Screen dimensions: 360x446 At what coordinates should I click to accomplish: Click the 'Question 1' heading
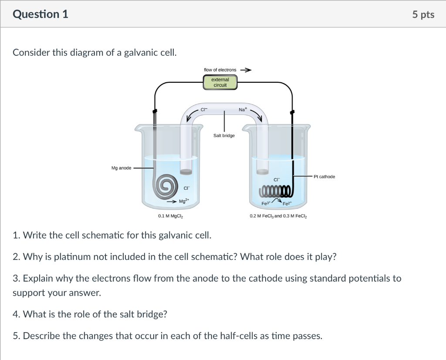click(x=41, y=14)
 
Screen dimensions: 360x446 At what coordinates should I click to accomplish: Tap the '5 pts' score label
click(x=423, y=14)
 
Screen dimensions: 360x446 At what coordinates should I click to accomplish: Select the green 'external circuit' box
click(x=220, y=82)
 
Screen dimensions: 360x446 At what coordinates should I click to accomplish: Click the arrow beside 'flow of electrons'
click(x=246, y=70)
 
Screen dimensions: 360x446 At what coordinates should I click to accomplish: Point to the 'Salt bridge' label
click(x=224, y=135)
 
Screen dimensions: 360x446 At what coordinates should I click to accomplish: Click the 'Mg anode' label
click(x=121, y=168)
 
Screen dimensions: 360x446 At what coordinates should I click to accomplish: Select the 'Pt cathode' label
click(x=324, y=176)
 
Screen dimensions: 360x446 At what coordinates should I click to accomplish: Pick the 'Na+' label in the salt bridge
click(x=243, y=110)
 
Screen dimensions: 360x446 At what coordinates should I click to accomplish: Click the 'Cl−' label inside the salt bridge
click(x=204, y=110)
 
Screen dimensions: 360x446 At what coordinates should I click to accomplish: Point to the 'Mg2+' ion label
click(x=184, y=202)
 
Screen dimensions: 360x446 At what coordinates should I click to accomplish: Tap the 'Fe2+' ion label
click(x=288, y=204)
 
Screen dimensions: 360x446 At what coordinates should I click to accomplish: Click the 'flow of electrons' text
click(x=220, y=70)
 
